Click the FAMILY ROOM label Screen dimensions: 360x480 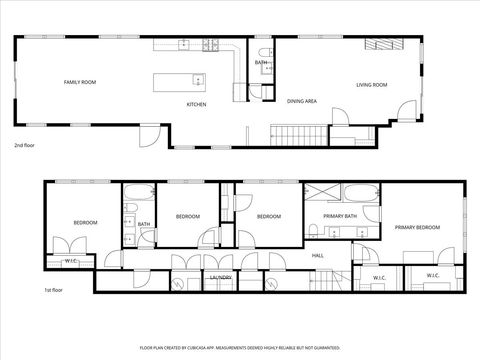pos(79,81)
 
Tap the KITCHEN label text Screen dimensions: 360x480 pos(197,104)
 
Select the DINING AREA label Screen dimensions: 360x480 pos(302,101)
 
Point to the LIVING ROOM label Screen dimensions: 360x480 pos(371,84)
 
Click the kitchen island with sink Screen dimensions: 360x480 pos(179,81)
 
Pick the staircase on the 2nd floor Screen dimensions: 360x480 pos(301,135)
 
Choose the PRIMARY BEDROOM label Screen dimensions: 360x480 pos(417,228)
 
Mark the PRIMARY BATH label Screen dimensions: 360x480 pos(340,216)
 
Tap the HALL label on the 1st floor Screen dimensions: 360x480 pos(317,255)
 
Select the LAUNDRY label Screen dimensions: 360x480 pos(222,277)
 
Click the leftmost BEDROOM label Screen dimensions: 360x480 pos(85,222)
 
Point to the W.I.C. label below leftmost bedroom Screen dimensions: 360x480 pos(71,262)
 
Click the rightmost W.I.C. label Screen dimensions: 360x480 pos(433,276)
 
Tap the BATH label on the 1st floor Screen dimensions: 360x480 pos(144,224)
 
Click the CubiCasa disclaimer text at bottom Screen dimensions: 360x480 pos(240,347)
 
